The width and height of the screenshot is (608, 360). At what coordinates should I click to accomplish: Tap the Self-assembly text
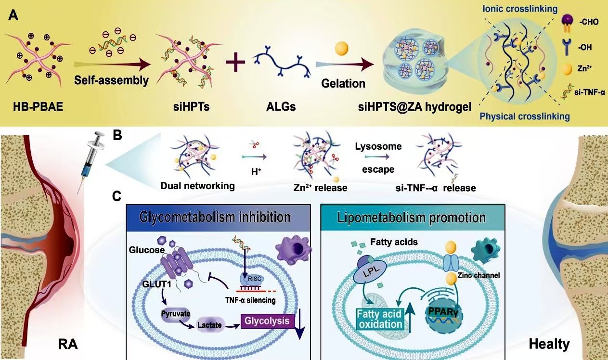coord(111,79)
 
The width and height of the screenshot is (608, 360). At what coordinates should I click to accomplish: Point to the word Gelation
coord(343,83)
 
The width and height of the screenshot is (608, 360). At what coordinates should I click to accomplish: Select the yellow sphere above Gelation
coord(341,48)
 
